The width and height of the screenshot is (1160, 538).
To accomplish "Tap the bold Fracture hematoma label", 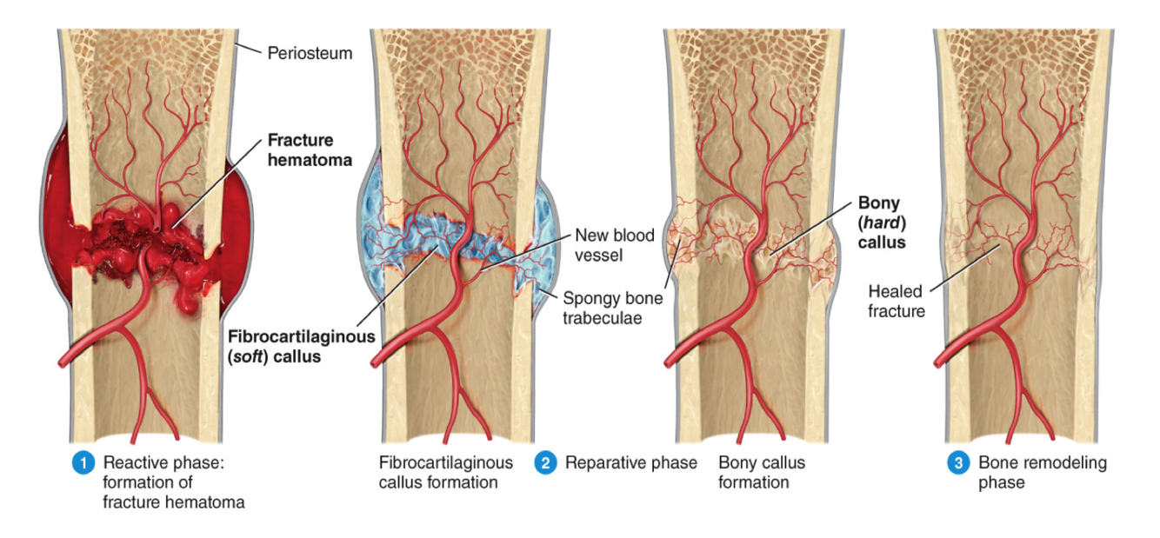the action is point(300,149).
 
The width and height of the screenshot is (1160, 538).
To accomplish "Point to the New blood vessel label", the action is point(614,245).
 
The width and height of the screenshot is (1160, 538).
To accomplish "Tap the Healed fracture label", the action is point(896,301).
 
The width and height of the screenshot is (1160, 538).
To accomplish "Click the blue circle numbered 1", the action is point(83,463).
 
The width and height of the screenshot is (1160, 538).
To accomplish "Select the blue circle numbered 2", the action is point(545,463).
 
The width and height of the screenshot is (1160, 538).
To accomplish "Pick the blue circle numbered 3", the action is point(957,463).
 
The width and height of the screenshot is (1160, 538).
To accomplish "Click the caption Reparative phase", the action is point(630,463).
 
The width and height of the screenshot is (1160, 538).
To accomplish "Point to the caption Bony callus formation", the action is point(761,473).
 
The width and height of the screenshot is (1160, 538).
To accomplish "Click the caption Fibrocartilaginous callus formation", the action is point(445,473).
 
